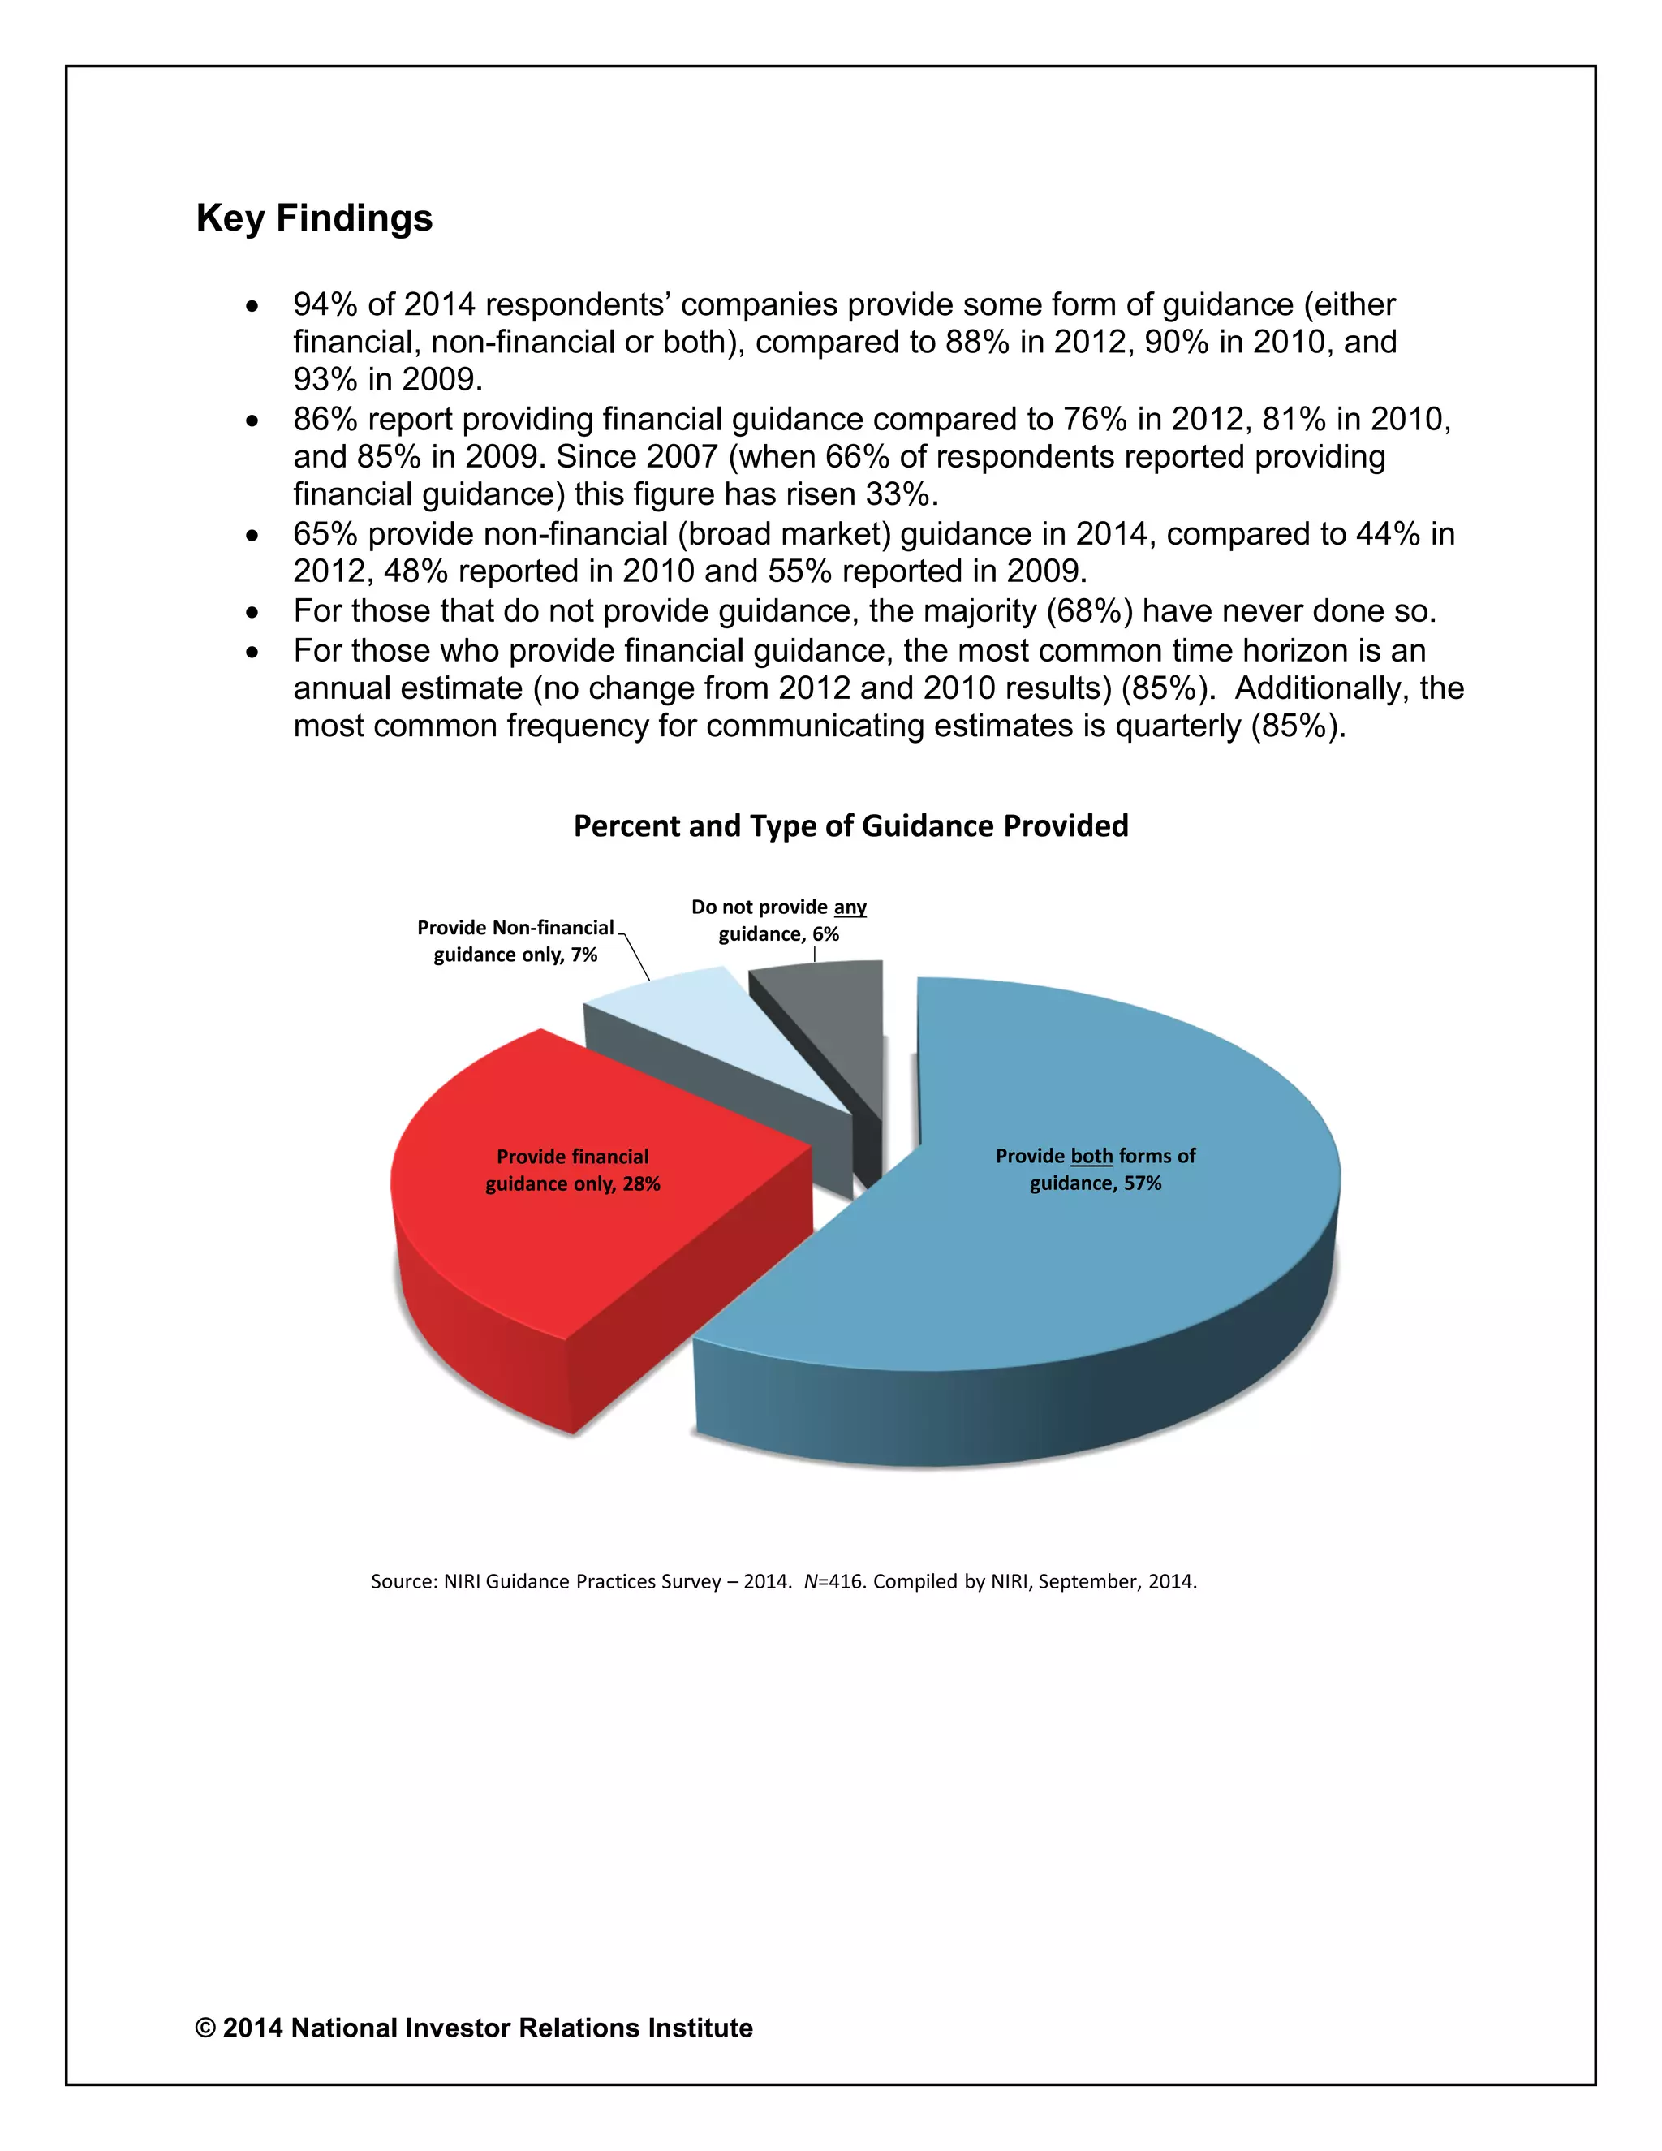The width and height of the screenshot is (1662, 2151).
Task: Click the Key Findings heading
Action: pos(314,218)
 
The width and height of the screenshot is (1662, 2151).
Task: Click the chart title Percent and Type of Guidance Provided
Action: pos(850,825)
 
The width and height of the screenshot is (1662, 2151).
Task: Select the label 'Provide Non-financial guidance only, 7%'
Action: pos(515,941)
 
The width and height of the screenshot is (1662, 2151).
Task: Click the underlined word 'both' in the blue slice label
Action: pos(1091,1156)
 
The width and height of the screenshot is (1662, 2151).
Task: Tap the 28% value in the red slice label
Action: pos(641,1183)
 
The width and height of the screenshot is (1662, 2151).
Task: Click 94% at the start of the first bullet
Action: pos(325,305)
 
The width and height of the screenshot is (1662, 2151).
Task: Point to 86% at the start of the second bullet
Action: pos(325,420)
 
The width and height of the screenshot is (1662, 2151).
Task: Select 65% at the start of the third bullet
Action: pos(325,535)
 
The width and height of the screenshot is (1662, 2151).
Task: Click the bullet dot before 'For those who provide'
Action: pos(253,652)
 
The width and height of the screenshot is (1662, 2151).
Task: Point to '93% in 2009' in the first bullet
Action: pos(386,380)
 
